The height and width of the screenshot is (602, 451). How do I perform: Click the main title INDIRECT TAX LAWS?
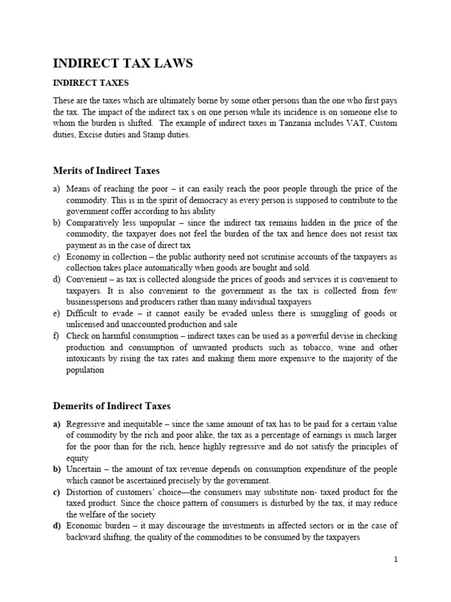[x=123, y=63]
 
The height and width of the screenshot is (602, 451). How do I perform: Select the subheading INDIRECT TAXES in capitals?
[x=91, y=83]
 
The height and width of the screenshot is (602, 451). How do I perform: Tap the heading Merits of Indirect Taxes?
[x=106, y=170]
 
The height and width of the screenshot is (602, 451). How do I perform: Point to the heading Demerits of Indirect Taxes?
[x=112, y=406]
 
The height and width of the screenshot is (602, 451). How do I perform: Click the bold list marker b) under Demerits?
[x=58, y=469]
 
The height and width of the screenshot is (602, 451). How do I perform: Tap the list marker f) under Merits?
[x=57, y=336]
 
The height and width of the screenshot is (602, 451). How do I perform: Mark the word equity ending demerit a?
[x=78, y=458]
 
